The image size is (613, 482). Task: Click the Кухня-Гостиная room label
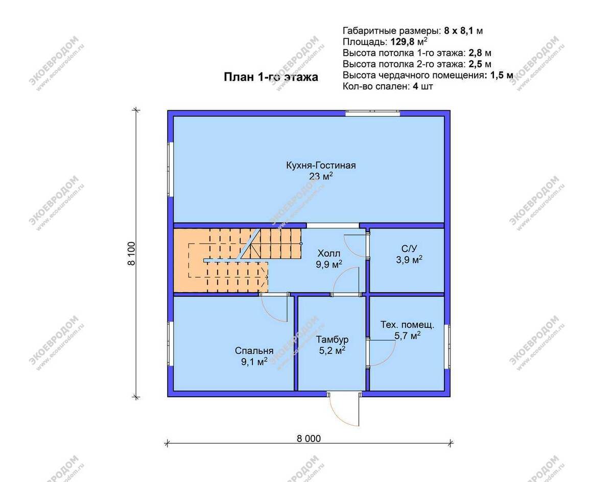(321, 165)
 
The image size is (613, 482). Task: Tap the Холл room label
(328, 253)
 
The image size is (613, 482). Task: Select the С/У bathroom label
(409, 249)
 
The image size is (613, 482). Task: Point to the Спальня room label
(254, 351)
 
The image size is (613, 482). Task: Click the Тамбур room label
(332, 340)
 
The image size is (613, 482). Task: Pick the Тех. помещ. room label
(407, 325)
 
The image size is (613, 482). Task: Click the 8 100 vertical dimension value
(131, 253)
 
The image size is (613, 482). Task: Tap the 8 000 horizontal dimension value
(309, 439)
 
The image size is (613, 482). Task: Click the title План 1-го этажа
(271, 77)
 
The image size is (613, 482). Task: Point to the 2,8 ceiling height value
(475, 53)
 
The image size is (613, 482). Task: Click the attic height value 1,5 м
(501, 75)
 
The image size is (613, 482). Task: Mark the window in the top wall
(372, 113)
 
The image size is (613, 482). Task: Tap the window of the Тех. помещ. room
(447, 347)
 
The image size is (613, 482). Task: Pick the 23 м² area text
(321, 177)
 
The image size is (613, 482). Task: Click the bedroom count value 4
(416, 86)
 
